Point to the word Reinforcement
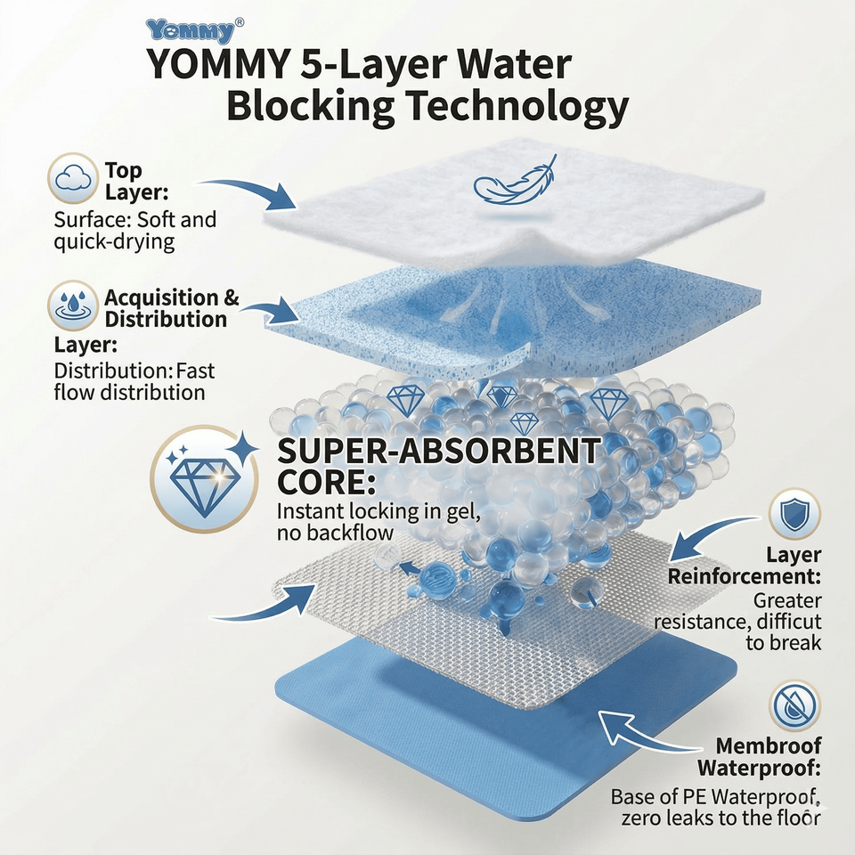pyautogui.click(x=745, y=576)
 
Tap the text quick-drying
pyautogui.click(x=114, y=241)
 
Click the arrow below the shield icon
pyautogui.click(x=712, y=534)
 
